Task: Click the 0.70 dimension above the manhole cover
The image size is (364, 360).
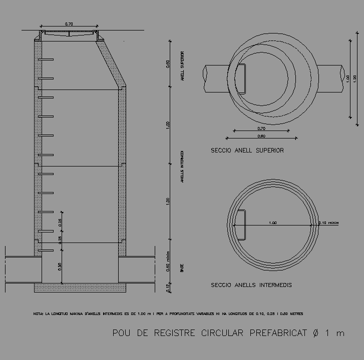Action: pos(69,23)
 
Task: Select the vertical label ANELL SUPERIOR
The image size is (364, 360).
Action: pos(183,65)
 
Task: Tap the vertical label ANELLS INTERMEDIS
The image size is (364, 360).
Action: pos(182,167)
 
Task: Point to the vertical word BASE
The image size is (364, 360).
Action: pos(182,268)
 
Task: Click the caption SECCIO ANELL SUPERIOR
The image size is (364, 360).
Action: pos(247,150)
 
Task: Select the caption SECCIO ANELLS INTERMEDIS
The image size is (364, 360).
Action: pos(251,285)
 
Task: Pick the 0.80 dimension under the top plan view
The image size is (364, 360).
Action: pos(261,136)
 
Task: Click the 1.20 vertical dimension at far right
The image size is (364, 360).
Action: pos(355,78)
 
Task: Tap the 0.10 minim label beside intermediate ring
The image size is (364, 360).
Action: pos(329,223)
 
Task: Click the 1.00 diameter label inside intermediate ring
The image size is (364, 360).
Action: pos(272,223)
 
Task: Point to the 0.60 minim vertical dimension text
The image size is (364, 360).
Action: pos(169,262)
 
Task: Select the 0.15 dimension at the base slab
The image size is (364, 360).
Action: pos(169,287)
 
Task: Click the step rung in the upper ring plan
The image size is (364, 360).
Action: pos(241,78)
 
